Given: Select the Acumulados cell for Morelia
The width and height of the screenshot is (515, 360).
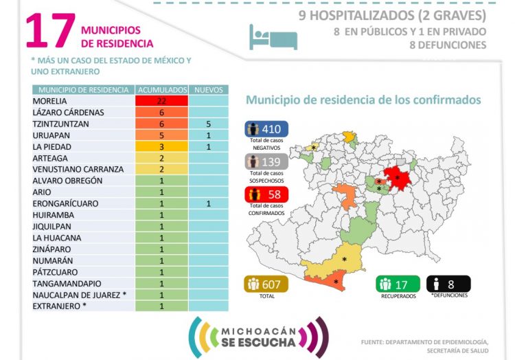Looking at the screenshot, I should tap(162, 101).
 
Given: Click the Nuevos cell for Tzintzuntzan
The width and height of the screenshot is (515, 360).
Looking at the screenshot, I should tap(208, 124).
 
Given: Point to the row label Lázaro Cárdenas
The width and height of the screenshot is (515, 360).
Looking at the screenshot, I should tap(68, 112).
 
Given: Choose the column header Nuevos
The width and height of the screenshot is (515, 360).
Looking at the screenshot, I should tap(208, 90).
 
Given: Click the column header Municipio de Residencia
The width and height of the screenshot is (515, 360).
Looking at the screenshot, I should tap(83, 90).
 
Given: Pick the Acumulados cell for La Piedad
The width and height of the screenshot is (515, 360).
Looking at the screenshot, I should tap(162, 146).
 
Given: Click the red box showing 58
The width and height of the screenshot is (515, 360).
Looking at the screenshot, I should tap(267, 195).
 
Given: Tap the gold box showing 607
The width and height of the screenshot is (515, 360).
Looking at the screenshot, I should tap(267, 284).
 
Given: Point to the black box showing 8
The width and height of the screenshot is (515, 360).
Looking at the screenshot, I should tap(448, 283).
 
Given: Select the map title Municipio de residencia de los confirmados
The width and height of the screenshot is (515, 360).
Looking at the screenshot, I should tap(363, 100).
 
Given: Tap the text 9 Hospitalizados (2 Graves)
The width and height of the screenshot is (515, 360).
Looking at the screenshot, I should tap(392, 15).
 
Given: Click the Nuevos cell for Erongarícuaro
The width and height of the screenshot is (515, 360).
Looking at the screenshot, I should tap(208, 203).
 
